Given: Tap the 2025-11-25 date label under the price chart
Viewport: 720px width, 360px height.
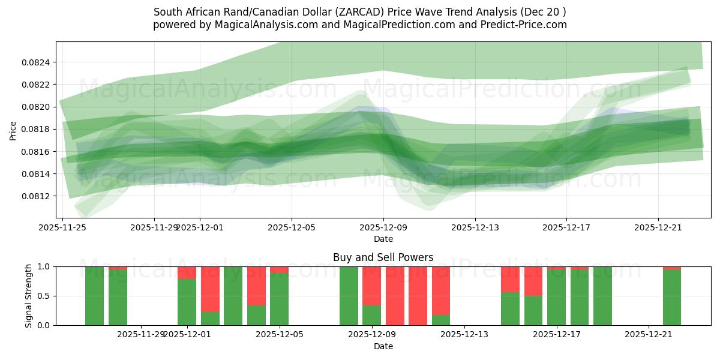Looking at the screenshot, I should pyautogui.click(x=63, y=227).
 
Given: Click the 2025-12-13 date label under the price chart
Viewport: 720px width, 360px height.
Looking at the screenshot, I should pyautogui.click(x=475, y=227).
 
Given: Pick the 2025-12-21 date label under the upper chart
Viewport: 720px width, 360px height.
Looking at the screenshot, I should pyautogui.click(x=658, y=227).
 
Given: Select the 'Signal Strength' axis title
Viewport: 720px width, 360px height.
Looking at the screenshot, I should pyautogui.click(x=29, y=296).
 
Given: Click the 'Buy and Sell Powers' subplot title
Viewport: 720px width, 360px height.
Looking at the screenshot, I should pyautogui.click(x=383, y=257).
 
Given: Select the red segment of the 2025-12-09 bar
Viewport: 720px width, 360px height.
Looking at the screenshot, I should pyautogui.click(x=371, y=286).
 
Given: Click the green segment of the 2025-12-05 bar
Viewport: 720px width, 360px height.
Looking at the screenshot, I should pyautogui.click(x=279, y=299).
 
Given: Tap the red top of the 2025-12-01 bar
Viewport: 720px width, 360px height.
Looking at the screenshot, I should pyautogui.click(x=187, y=272).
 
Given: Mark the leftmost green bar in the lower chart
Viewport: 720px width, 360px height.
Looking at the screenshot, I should pyautogui.click(x=94, y=296).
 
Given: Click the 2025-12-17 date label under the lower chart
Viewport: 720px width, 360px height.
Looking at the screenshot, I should pyautogui.click(x=556, y=335).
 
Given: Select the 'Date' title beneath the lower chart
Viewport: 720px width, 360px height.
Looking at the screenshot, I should pyautogui.click(x=383, y=346).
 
